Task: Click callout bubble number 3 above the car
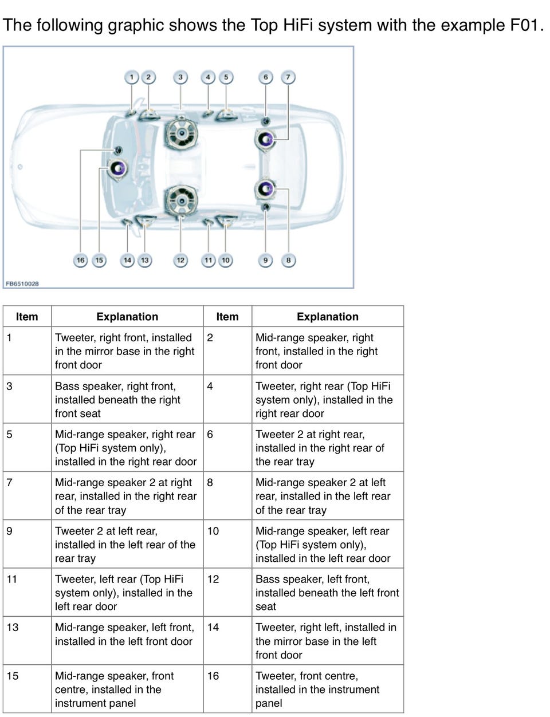click(x=180, y=77)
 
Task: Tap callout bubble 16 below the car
click(x=81, y=261)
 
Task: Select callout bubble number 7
click(x=288, y=77)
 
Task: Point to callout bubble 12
click(x=180, y=261)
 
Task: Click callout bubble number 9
click(x=265, y=261)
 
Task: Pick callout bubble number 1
click(x=132, y=77)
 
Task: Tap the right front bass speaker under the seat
click(x=181, y=135)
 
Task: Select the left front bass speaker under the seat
click(x=181, y=200)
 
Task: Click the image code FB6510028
click(x=22, y=283)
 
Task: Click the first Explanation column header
click(x=127, y=317)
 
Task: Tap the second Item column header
click(x=227, y=317)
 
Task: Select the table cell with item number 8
click(x=227, y=496)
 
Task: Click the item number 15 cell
click(x=27, y=689)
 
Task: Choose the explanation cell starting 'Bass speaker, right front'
click(x=127, y=400)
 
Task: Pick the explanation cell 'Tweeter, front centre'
click(x=328, y=689)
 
